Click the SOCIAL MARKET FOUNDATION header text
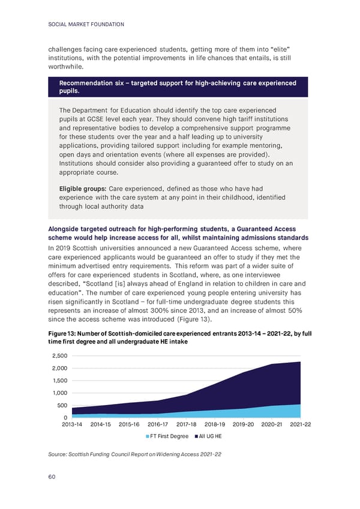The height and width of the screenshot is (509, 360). tap(85, 24)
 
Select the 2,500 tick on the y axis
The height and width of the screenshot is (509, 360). tap(59, 356)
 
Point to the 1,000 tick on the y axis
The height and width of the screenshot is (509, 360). tap(59, 393)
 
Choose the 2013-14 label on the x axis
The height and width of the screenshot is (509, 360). tap(71, 425)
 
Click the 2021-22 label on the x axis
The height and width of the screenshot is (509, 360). tap(298, 425)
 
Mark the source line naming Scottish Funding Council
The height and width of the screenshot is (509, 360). tap(135, 454)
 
